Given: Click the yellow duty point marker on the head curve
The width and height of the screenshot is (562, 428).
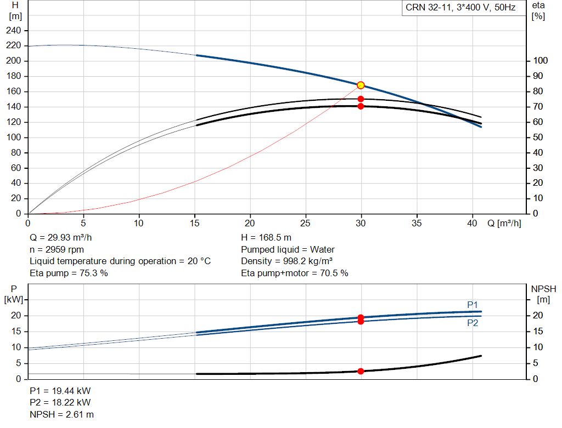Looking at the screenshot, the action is point(361,85).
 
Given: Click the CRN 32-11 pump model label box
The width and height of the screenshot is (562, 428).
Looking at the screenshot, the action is point(461,8).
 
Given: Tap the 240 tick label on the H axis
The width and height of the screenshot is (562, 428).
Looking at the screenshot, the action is point(14,31).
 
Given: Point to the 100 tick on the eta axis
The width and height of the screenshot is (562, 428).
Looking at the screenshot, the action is point(541,60).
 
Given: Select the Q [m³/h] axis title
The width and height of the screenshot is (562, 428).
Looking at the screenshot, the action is point(504,223).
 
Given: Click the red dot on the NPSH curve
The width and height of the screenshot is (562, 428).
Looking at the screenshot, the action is point(361,372).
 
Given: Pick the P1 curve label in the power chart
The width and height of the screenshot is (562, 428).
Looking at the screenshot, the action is point(473,305).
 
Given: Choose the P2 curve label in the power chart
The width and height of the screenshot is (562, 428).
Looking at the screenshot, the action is point(473,323).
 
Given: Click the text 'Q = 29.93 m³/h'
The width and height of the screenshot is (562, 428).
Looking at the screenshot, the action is point(60,238).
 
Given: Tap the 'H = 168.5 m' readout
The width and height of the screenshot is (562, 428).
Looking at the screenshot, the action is point(266,238).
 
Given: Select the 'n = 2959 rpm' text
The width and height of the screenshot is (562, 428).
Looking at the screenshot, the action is point(57,249).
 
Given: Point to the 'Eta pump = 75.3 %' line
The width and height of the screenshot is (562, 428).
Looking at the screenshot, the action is point(69,273).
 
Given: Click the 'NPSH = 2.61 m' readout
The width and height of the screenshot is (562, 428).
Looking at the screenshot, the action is point(61,414).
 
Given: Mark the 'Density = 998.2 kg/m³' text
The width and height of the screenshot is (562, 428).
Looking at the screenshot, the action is point(286,261).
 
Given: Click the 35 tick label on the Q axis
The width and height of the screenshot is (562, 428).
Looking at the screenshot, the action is point(417,223).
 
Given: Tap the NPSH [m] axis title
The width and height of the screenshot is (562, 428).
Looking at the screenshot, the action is point(543,294).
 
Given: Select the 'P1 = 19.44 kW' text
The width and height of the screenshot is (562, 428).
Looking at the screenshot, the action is point(60,391).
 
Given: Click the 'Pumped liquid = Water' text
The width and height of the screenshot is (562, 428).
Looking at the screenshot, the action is point(288,249).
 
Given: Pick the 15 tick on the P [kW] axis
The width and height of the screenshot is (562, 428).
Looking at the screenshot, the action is point(16,332).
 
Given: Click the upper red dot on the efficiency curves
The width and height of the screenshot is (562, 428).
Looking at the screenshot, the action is point(361,99).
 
